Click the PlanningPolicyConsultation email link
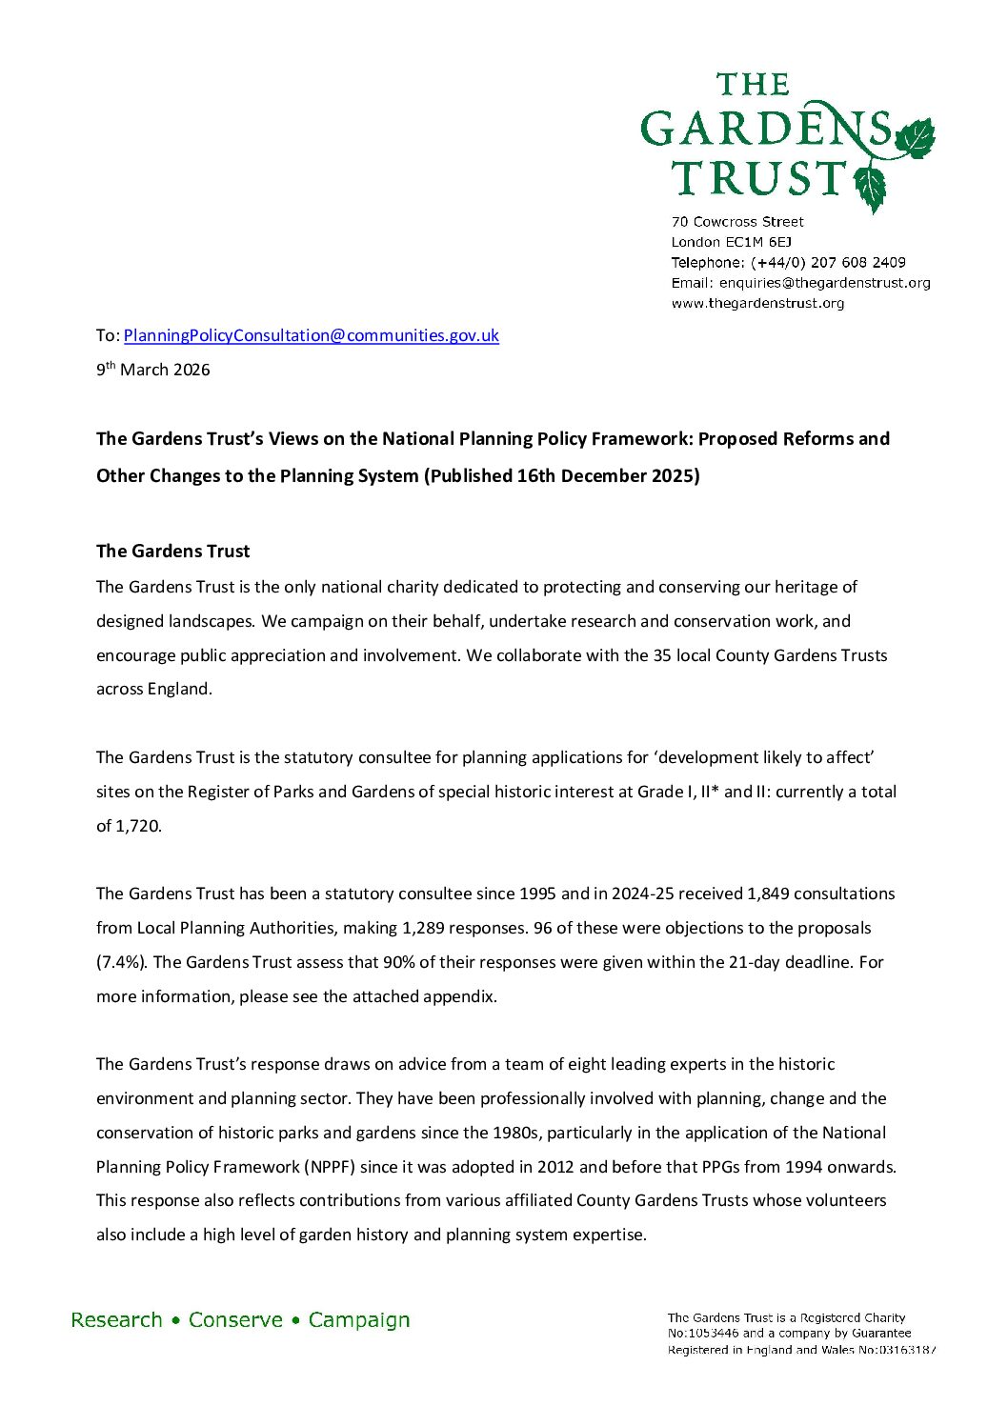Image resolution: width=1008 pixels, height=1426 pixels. [x=311, y=335]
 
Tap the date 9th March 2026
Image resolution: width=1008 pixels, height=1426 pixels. [x=152, y=370]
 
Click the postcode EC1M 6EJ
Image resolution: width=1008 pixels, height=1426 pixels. [x=757, y=242]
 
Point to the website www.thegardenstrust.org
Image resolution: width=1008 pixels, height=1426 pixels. [x=757, y=303]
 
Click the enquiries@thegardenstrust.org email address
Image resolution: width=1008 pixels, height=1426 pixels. [x=824, y=283]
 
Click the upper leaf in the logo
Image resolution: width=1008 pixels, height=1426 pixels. [x=916, y=137]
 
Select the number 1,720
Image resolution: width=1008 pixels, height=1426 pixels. [x=138, y=826]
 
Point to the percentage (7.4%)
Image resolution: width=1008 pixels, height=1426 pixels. [x=121, y=962]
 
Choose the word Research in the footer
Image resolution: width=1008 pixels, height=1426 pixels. [x=116, y=1320]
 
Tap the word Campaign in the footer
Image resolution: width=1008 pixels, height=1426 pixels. [x=359, y=1320]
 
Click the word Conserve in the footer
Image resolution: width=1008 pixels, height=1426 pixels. [x=235, y=1320]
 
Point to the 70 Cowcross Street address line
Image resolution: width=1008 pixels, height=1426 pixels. [x=737, y=222]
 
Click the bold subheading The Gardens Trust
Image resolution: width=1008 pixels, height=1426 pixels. [x=172, y=552]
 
